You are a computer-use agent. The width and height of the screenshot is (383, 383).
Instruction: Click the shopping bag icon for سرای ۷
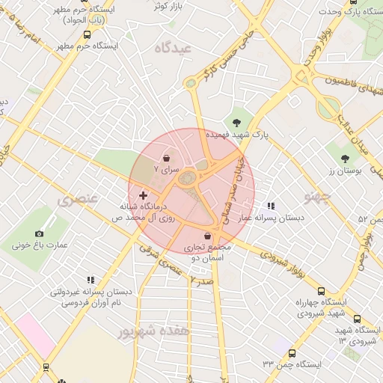tap(166, 159)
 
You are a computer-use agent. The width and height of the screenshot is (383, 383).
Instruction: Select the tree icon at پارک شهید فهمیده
tap(237, 122)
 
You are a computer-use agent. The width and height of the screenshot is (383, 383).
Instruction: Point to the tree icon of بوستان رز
tap(344, 159)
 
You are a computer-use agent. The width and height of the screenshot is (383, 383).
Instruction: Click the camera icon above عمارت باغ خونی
tap(40, 233)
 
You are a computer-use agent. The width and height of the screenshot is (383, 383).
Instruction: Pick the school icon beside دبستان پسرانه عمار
tap(271, 206)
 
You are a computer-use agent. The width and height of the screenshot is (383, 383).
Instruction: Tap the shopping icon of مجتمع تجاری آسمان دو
tap(207, 236)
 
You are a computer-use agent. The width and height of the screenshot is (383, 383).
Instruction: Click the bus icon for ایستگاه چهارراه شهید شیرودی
tap(322, 291)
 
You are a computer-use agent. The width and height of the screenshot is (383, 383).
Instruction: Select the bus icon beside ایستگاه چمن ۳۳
tap(292, 354)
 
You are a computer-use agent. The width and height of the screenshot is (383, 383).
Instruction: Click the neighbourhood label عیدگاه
tap(174, 48)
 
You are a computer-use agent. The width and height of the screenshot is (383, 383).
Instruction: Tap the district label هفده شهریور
tap(159, 329)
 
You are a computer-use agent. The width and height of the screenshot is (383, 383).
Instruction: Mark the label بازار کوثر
tap(169, 5)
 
